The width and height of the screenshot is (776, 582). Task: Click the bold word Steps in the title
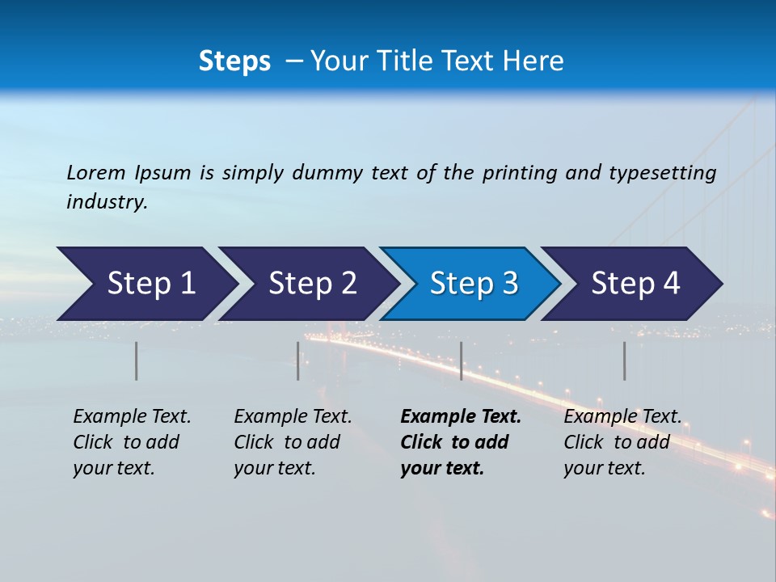(234, 61)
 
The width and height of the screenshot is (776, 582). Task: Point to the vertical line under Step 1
(137, 361)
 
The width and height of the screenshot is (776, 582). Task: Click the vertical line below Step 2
(298, 361)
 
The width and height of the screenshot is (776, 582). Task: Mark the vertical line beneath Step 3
(462, 361)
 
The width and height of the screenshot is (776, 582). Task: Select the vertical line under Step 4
(625, 361)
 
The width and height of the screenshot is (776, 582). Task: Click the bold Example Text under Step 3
(461, 417)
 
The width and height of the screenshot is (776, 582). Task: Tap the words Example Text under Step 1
(132, 417)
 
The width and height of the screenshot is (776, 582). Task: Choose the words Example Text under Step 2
(293, 417)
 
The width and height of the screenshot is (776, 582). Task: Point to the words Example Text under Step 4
(622, 417)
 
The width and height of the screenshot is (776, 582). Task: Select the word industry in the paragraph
(107, 202)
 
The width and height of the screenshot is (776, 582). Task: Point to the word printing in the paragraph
(512, 173)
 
